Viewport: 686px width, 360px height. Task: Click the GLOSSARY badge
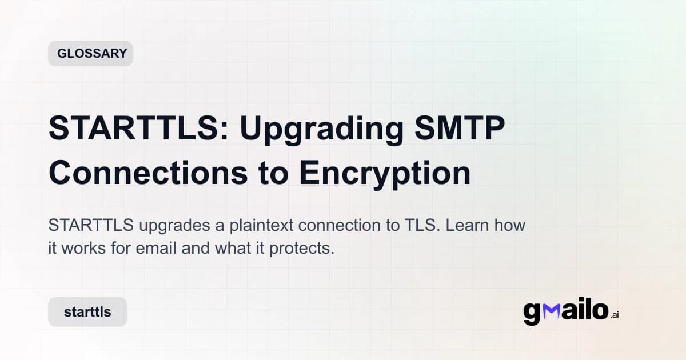pos(90,54)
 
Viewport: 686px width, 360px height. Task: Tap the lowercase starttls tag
pos(87,312)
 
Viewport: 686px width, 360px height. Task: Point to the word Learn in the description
pos(466,225)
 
